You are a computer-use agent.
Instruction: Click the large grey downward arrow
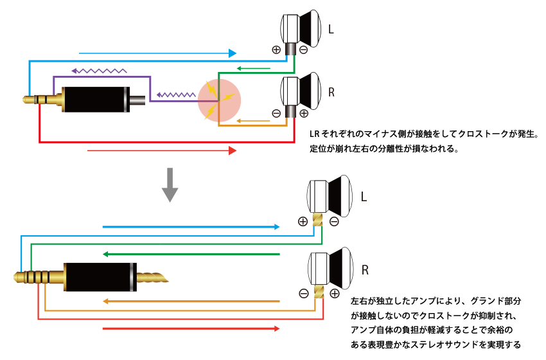click(170, 184)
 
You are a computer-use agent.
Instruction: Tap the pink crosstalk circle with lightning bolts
click(219, 100)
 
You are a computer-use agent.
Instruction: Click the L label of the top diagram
click(331, 30)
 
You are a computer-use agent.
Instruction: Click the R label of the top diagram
click(331, 93)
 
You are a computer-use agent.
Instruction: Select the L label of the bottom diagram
click(364, 197)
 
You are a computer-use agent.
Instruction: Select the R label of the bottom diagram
click(364, 269)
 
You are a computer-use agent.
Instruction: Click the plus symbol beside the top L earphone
click(276, 50)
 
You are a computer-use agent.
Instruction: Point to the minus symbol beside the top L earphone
click(303, 50)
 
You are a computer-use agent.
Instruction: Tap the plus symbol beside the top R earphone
click(303, 113)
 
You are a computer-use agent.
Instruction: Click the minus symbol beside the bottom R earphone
click(304, 294)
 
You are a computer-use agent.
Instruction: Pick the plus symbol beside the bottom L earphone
click(303, 221)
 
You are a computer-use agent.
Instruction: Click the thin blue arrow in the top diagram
click(157, 52)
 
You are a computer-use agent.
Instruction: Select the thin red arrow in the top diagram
click(161, 151)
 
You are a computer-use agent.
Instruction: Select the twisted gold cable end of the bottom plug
click(153, 278)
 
